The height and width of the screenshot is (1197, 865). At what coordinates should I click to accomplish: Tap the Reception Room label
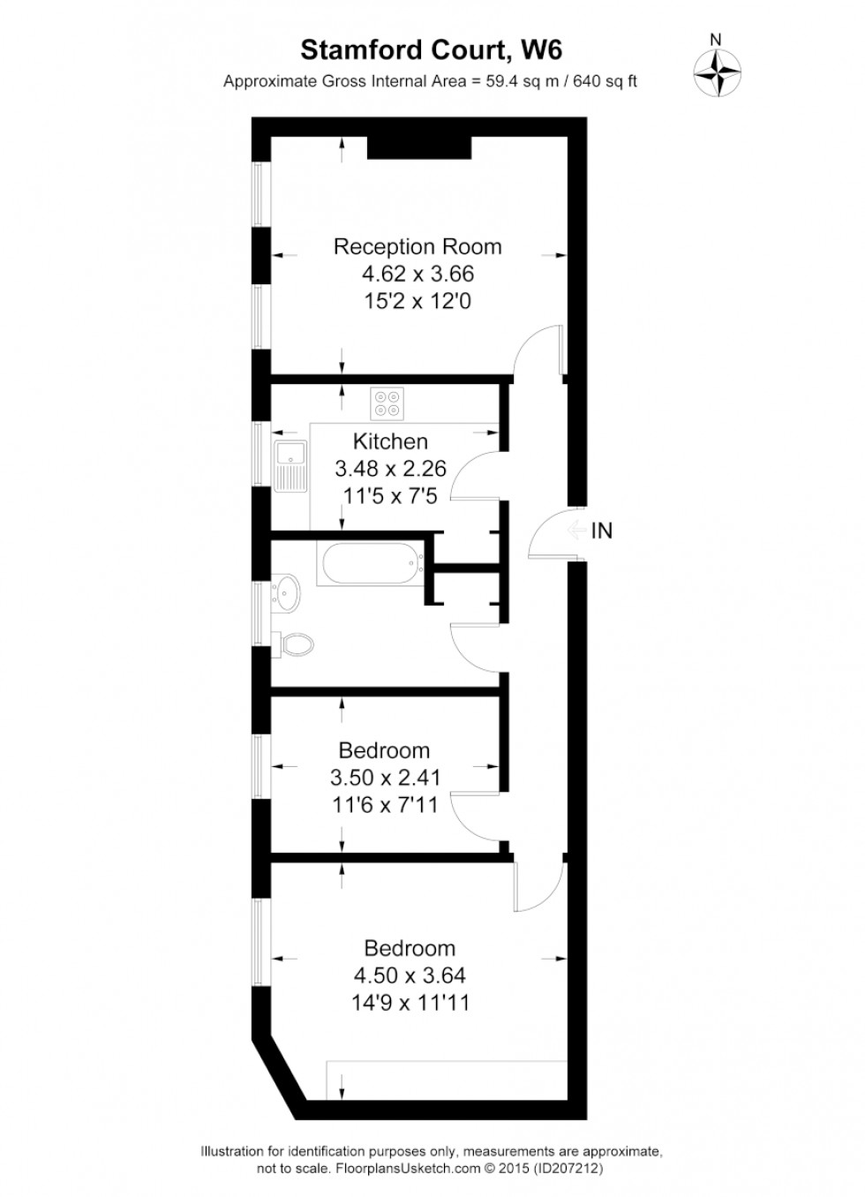[417, 247]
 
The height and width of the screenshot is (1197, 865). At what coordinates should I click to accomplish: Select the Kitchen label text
[390, 441]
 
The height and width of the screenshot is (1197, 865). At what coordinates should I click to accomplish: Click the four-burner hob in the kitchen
[387, 404]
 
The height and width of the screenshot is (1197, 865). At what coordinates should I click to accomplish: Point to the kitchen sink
[290, 466]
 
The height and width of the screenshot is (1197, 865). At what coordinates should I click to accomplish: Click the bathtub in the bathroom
[373, 564]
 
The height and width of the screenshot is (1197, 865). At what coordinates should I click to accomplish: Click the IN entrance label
[602, 531]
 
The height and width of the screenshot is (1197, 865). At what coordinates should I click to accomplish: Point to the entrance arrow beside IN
[576, 531]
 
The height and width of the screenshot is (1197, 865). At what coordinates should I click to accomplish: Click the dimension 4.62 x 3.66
[417, 275]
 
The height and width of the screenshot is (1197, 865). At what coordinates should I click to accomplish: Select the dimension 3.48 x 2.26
[390, 469]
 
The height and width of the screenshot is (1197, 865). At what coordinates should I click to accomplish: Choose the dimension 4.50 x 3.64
[410, 975]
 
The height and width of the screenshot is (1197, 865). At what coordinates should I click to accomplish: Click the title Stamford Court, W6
[431, 51]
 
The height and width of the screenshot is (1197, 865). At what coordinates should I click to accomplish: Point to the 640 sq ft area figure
[605, 81]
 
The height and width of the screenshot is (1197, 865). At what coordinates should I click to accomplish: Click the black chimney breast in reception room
[419, 147]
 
